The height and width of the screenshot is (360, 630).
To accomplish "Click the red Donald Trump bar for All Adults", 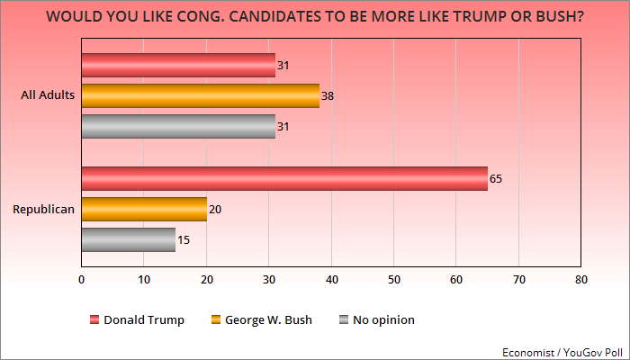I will tap(178, 65).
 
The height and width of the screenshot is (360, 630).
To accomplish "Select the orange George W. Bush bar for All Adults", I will tap(200, 95).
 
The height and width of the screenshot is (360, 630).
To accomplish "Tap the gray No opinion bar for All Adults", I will tap(178, 127).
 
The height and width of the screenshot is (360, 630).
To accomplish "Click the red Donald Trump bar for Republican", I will tap(284, 178).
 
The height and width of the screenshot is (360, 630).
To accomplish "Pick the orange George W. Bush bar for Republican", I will tap(144, 209).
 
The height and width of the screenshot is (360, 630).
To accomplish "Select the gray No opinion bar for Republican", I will tap(128, 239).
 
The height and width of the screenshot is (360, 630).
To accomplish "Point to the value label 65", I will tap(496, 178).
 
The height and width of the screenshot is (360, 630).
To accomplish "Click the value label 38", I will tap(327, 95).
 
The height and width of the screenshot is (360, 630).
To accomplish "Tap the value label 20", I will tap(214, 209).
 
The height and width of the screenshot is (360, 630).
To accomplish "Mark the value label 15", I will tap(183, 240).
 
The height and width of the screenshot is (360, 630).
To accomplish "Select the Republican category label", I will tap(42, 209).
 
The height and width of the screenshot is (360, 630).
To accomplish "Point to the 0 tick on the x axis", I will tap(82, 280).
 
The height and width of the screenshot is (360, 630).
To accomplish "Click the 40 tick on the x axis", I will tap(331, 280).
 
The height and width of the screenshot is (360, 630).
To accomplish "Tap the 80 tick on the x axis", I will tap(581, 280).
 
